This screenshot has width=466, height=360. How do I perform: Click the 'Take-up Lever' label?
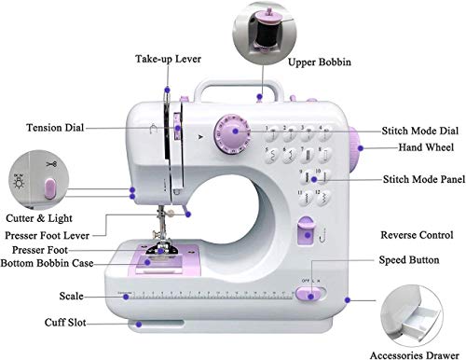[168, 59]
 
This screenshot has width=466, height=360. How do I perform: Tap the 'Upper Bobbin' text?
[320, 62]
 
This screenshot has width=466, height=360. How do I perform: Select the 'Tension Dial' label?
[55, 128]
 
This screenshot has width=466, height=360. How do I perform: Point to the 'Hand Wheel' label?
[426, 147]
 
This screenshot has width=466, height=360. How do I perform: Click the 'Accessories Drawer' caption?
[415, 355]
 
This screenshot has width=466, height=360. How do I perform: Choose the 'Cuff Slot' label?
[65, 323]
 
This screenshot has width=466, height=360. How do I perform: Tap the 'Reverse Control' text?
[417, 235]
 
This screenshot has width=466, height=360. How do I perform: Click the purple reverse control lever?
[306, 231]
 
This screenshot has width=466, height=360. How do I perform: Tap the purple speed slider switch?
[308, 294]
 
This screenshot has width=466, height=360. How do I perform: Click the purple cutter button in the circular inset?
[50, 188]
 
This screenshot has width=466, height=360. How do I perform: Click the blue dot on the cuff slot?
[139, 325]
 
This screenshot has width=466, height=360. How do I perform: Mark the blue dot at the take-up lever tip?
[168, 90]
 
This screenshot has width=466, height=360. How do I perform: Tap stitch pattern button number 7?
[307, 154]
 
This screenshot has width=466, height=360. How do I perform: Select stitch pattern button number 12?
[323, 198]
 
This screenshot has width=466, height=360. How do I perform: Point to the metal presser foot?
[161, 248]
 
